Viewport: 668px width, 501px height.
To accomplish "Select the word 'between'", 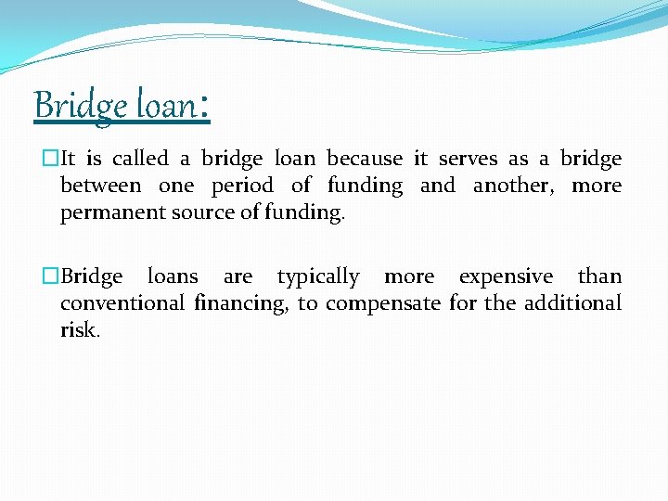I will pyautogui.click(x=100, y=185).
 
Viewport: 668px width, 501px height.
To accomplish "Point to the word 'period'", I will pyautogui.click(x=242, y=186).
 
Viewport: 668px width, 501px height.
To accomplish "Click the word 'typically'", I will pyautogui.click(x=318, y=276).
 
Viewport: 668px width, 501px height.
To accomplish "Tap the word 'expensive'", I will pyautogui.click(x=506, y=276).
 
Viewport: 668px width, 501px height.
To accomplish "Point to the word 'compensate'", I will pyautogui.click(x=383, y=303).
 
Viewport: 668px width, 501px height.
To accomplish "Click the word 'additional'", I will pyautogui.click(x=575, y=302).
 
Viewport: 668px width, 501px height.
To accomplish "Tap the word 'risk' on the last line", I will pyautogui.click(x=78, y=329).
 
